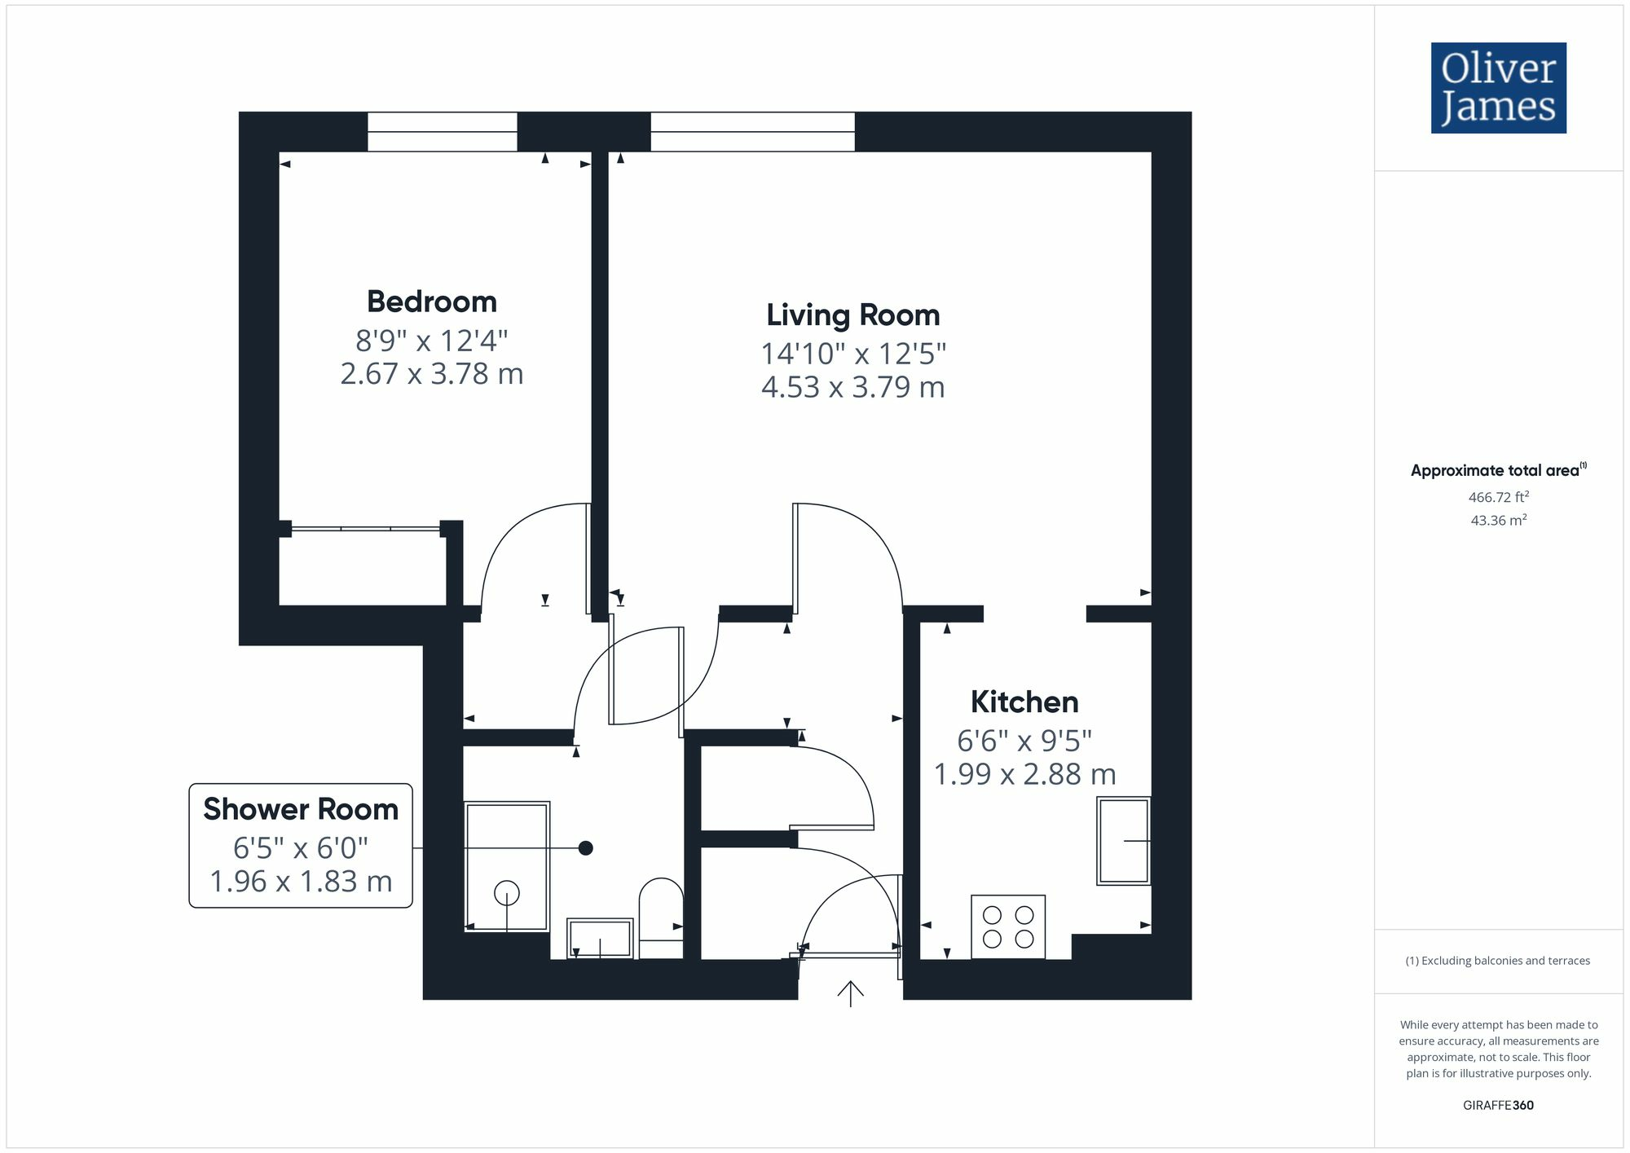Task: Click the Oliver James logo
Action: [x=1498, y=88]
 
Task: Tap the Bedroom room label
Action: [x=432, y=301]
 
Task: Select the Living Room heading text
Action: [x=852, y=315]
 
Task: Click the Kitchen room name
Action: [x=1024, y=702]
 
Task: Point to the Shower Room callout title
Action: [x=301, y=809]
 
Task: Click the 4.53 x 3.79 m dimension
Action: [x=852, y=387]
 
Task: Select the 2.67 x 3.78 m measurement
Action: [x=432, y=374]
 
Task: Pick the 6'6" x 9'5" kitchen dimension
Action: [x=1024, y=741]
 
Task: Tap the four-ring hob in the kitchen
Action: [x=1008, y=926]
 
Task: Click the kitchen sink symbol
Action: [x=1124, y=841]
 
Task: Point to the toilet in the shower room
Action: [x=661, y=917]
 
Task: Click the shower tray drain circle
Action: [x=507, y=894]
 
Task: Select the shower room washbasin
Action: [x=600, y=939]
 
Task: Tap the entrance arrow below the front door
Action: [x=850, y=993]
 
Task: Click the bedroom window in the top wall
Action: [x=442, y=132]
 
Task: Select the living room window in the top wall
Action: [x=752, y=132]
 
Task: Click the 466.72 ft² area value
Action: [x=1498, y=497]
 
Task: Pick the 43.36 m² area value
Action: [x=1498, y=520]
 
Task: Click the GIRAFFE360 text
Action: [x=1498, y=1105]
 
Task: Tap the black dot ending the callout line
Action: [x=585, y=848]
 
